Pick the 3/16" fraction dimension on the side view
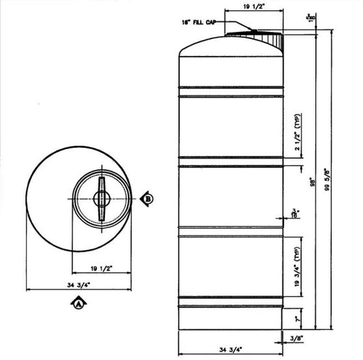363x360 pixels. [x=295, y=214]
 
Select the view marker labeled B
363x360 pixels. [x=149, y=199]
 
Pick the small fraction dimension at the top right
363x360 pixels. [x=310, y=18]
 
